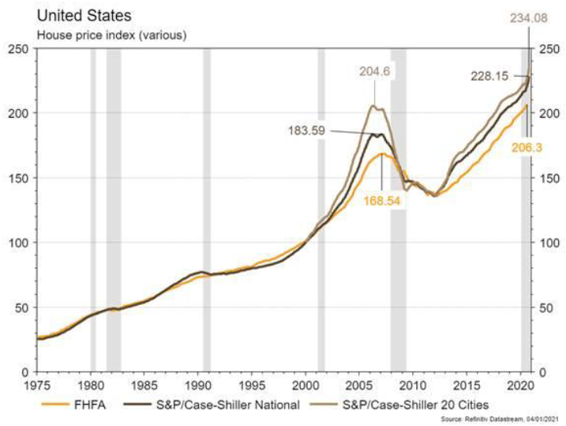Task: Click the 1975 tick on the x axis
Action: pos(37,386)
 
